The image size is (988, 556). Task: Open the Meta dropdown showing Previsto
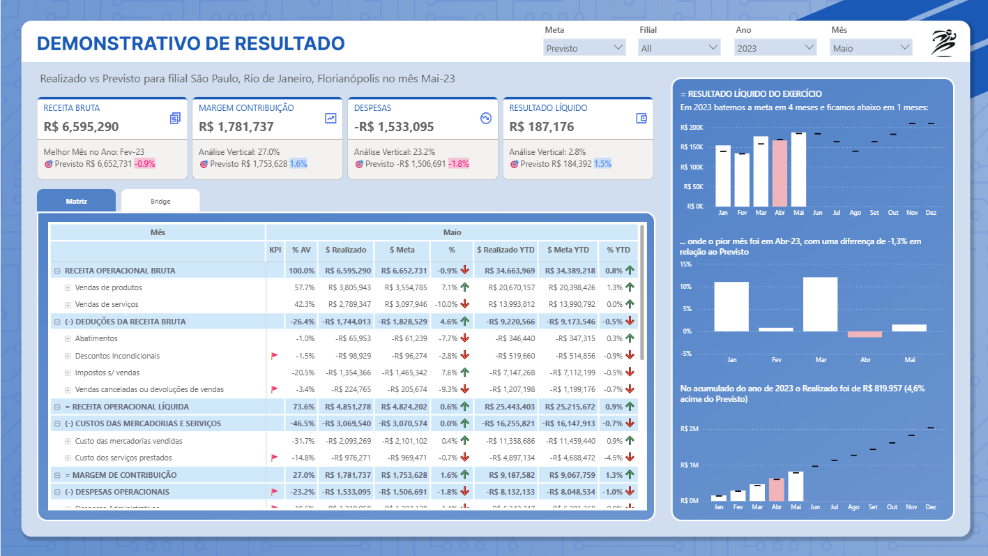(x=584, y=47)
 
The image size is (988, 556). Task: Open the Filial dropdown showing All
(x=679, y=47)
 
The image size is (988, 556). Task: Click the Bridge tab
(x=160, y=201)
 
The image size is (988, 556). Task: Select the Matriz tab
(x=76, y=201)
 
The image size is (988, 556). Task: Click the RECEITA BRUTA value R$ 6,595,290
(x=81, y=127)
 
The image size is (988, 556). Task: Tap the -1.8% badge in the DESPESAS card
(x=458, y=164)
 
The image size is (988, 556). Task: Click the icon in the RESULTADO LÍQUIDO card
(x=642, y=119)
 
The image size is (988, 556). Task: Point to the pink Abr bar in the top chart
(x=779, y=172)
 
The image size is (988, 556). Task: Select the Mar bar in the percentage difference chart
(x=820, y=304)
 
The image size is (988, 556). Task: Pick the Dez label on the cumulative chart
(x=930, y=508)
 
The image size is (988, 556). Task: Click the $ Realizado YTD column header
(x=506, y=250)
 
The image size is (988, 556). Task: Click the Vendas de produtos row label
(x=108, y=287)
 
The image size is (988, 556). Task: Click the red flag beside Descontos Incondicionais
(x=275, y=356)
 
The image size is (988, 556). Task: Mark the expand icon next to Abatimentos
(x=68, y=338)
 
